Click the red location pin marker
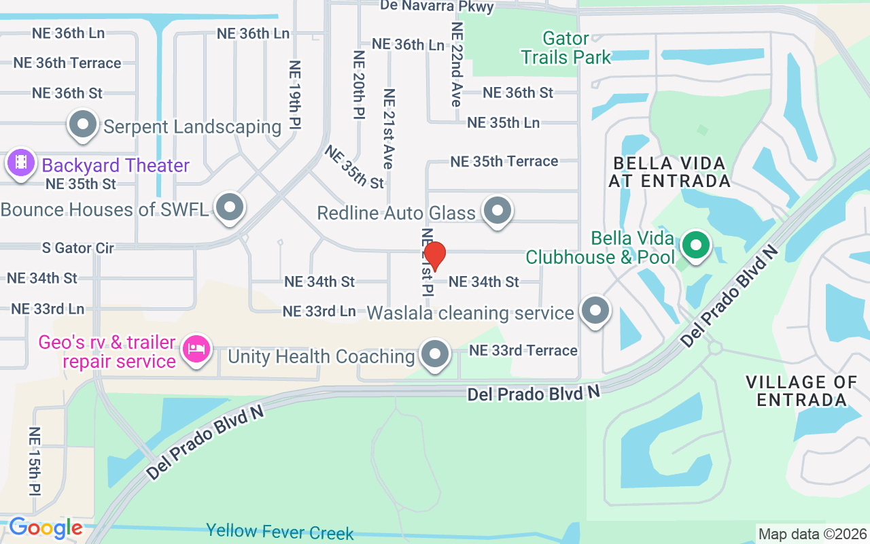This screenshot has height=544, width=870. point(434,256)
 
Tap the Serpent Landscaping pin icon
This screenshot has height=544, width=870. point(84,126)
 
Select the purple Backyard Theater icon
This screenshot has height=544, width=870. point(21,163)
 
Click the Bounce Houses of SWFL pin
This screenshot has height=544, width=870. point(230,207)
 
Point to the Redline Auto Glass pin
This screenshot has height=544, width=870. point(498,211)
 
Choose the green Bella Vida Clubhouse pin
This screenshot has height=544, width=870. point(695,245)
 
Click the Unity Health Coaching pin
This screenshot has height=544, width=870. point(435,354)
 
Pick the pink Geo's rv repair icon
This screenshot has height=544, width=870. point(197,351)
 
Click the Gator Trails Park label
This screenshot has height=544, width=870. point(566,48)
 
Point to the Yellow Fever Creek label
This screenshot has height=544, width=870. point(280,531)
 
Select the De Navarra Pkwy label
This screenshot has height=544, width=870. point(436,6)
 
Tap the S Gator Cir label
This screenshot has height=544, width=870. point(78,248)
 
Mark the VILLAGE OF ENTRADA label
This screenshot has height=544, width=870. point(801,390)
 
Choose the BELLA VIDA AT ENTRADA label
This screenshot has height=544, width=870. point(669,172)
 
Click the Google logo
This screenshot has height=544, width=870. point(46,528)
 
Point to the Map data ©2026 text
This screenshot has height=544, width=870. point(812,534)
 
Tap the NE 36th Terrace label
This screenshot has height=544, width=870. point(67,63)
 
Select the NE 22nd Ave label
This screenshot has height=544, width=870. point(457,64)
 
